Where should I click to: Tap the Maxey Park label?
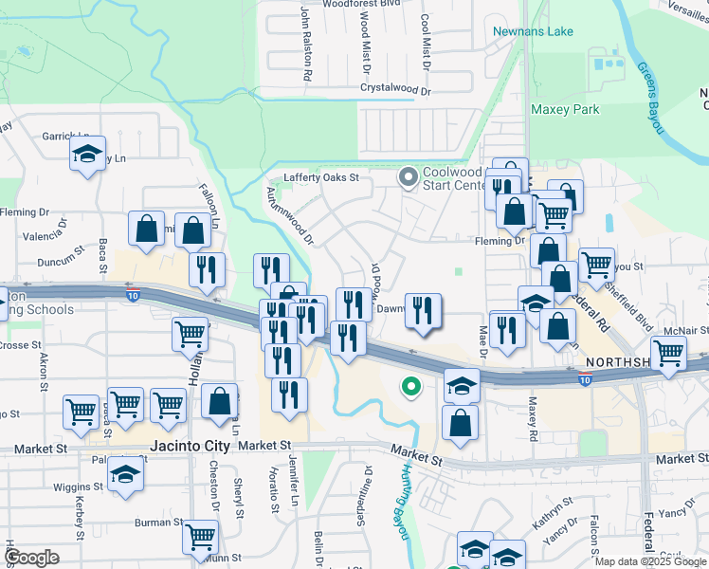565,109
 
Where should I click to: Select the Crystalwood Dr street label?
395,91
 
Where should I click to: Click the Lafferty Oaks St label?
322,177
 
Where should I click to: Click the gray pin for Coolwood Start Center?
409,177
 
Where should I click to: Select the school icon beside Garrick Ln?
88,154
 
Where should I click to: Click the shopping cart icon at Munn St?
201,536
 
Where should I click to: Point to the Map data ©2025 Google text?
650,561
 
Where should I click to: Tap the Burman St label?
152,523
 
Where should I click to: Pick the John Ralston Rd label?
306,44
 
